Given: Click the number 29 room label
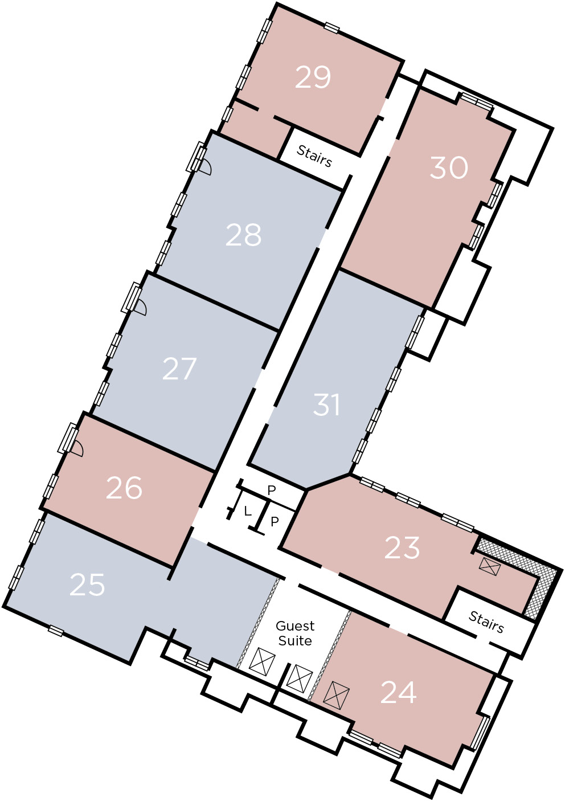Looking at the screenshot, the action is (x=313, y=77).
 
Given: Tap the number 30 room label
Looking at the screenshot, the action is (x=449, y=167).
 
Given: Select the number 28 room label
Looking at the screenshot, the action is (x=243, y=235).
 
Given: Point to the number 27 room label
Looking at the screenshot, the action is (x=179, y=369).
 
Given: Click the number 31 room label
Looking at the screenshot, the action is (x=326, y=405).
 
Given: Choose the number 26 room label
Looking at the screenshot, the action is (x=124, y=488).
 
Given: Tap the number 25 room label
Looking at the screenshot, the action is (x=87, y=585).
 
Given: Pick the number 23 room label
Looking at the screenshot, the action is (x=402, y=548).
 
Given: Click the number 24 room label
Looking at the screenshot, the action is (x=398, y=693).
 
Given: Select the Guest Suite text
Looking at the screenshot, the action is (x=295, y=633).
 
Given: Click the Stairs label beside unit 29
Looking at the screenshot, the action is (x=314, y=156).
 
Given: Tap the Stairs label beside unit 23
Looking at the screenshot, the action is (x=486, y=623).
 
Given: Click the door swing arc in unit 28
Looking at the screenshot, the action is (x=206, y=167).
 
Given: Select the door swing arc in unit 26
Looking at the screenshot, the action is (x=77, y=448).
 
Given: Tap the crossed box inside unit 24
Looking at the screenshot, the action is (x=336, y=695).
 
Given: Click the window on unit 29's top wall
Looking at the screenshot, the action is (x=331, y=27).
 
